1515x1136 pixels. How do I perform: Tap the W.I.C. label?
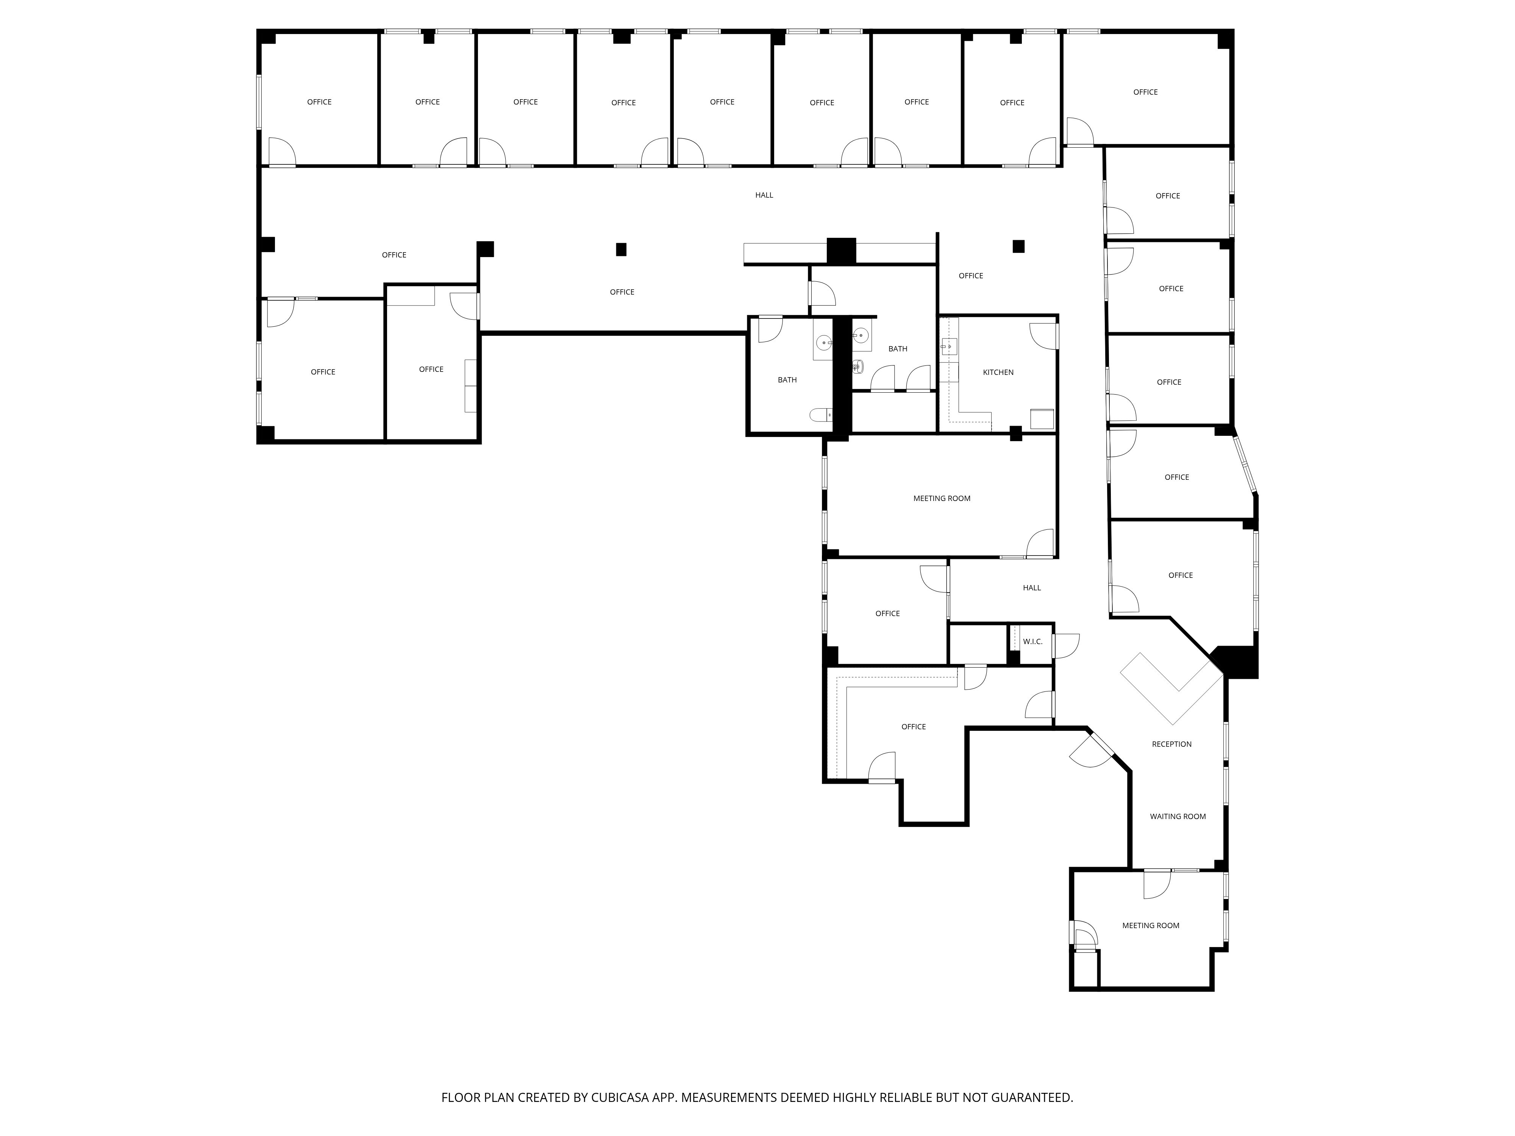coord(1032,641)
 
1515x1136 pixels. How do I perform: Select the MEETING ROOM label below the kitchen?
coord(942,498)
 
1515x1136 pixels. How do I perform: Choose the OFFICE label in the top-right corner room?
coord(1145,92)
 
